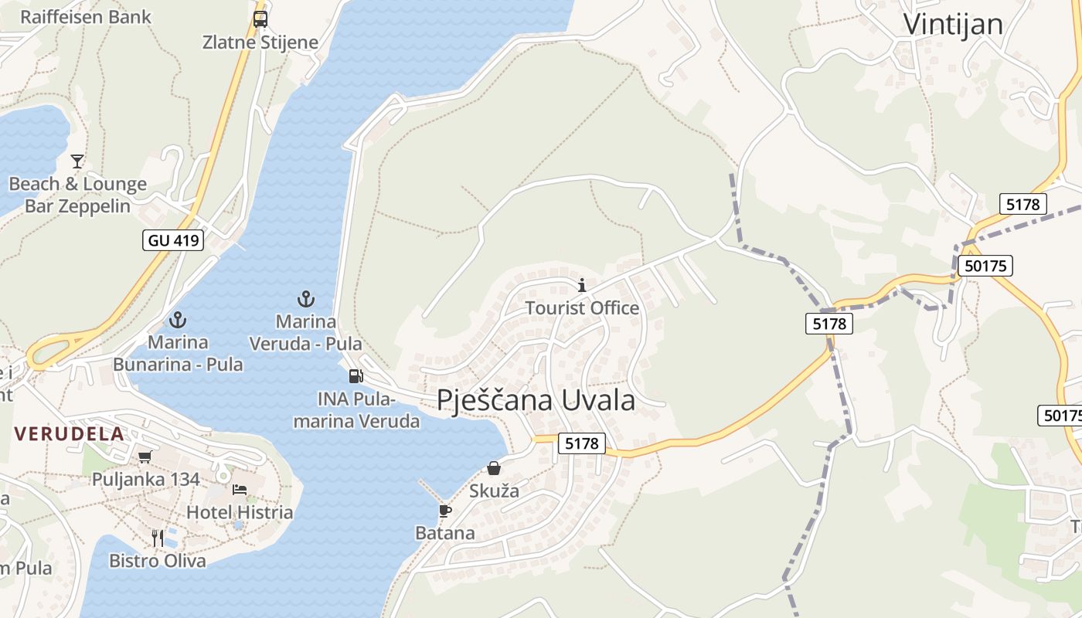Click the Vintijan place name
[x=953, y=24]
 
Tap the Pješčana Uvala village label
[x=536, y=400]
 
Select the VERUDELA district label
[x=69, y=433]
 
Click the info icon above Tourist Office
[x=582, y=285]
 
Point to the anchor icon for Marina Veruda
[x=306, y=298]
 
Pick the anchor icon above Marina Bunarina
[x=179, y=319]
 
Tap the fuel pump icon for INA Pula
[x=356, y=376]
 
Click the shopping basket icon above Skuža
[x=494, y=468]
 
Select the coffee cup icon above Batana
[x=444, y=511]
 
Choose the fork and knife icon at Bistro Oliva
[x=158, y=538]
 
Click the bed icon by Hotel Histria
[x=240, y=490]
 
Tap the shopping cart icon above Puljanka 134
[x=145, y=457]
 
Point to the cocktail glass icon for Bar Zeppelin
[x=77, y=161]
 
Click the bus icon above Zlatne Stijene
[x=260, y=19]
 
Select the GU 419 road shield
[x=173, y=240]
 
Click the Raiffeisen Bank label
[x=86, y=17]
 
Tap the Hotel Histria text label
[x=240, y=512]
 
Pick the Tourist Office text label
[x=582, y=308]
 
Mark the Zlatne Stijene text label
[x=260, y=42]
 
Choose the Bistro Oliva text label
[x=158, y=561]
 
